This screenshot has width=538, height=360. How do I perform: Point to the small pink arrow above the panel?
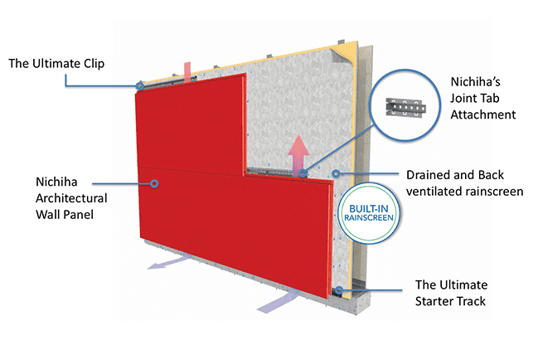pyautogui.click(x=187, y=69)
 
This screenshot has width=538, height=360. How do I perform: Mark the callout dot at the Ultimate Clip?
pyautogui.click(x=140, y=85)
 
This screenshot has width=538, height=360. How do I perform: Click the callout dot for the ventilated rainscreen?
pyautogui.click(x=336, y=174)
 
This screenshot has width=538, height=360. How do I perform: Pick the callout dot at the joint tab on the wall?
pyautogui.click(x=304, y=173)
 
